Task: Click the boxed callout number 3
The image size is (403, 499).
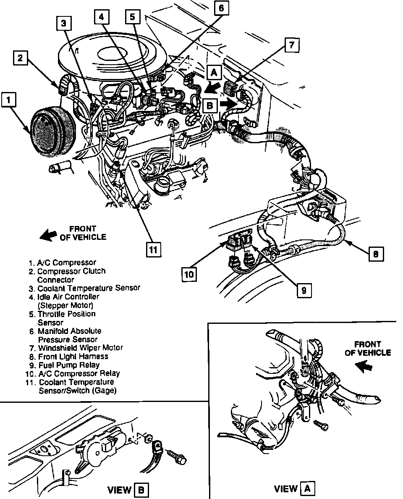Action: [63, 24]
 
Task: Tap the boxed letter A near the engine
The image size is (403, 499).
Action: [214, 73]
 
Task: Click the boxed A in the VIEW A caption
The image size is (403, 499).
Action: [308, 488]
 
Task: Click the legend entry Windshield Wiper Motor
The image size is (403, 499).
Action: [80, 348]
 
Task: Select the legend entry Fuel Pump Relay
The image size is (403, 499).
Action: [69, 365]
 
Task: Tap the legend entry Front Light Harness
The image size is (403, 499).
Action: [73, 356]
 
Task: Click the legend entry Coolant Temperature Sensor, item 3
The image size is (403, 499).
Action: [89, 288]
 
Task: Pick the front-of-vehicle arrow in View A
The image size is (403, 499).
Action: [364, 367]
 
